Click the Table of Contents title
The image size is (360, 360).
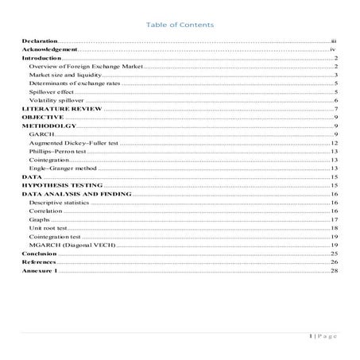[x=180, y=25]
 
